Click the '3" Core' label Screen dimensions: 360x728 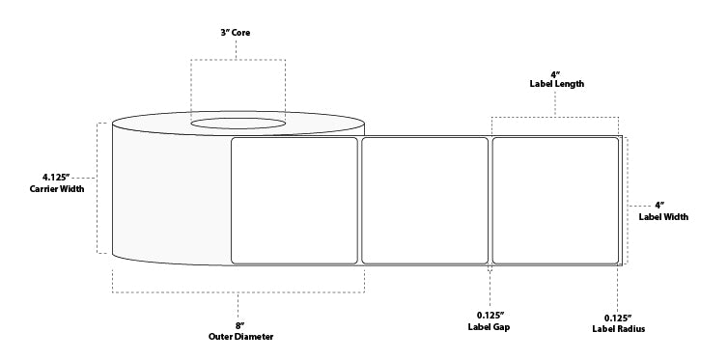coord(238,33)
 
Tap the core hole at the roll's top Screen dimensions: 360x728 coord(238,123)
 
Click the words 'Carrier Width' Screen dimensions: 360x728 coord(56,189)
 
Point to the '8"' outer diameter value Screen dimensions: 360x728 coord(238,325)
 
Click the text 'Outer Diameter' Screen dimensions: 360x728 coord(238,337)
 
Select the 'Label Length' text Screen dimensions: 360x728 coord(555,84)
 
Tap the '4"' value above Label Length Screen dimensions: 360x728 coord(555,72)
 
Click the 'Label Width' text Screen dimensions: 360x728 coord(663,217)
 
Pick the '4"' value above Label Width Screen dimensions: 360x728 coord(661,205)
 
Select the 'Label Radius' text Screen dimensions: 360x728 coord(619,329)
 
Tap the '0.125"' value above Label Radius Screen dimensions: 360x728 coord(618,317)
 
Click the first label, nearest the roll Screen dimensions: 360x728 coord(294,200)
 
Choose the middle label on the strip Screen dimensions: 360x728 coord(425,200)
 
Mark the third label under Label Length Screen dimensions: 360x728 coord(555,200)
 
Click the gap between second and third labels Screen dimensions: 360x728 coord(490,200)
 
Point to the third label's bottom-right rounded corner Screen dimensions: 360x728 coord(615,260)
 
